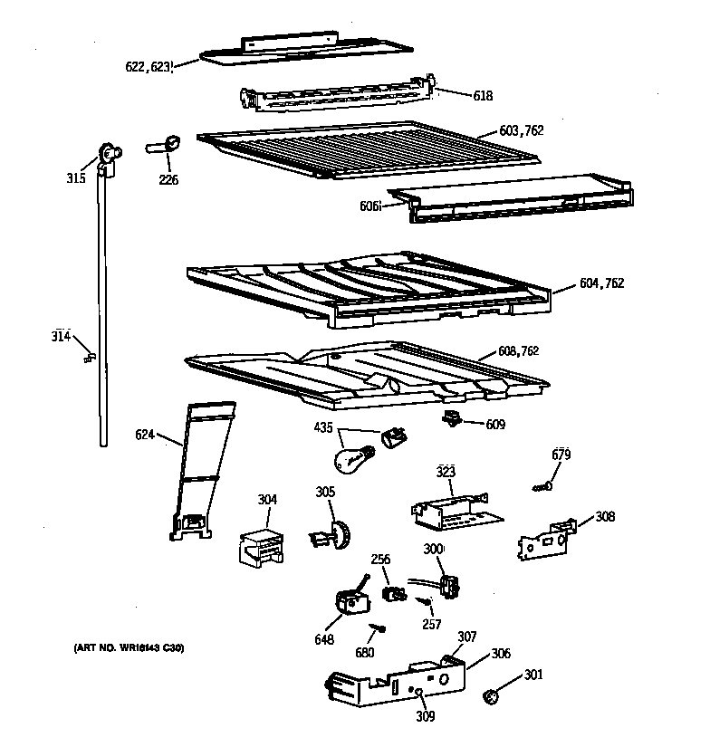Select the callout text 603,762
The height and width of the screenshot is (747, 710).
click(521, 131)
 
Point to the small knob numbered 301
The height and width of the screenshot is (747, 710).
click(491, 696)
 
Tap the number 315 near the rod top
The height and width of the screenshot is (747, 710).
click(76, 178)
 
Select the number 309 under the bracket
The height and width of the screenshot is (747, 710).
click(425, 717)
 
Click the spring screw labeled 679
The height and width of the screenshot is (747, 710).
click(543, 488)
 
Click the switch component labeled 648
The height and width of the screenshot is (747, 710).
click(347, 599)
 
